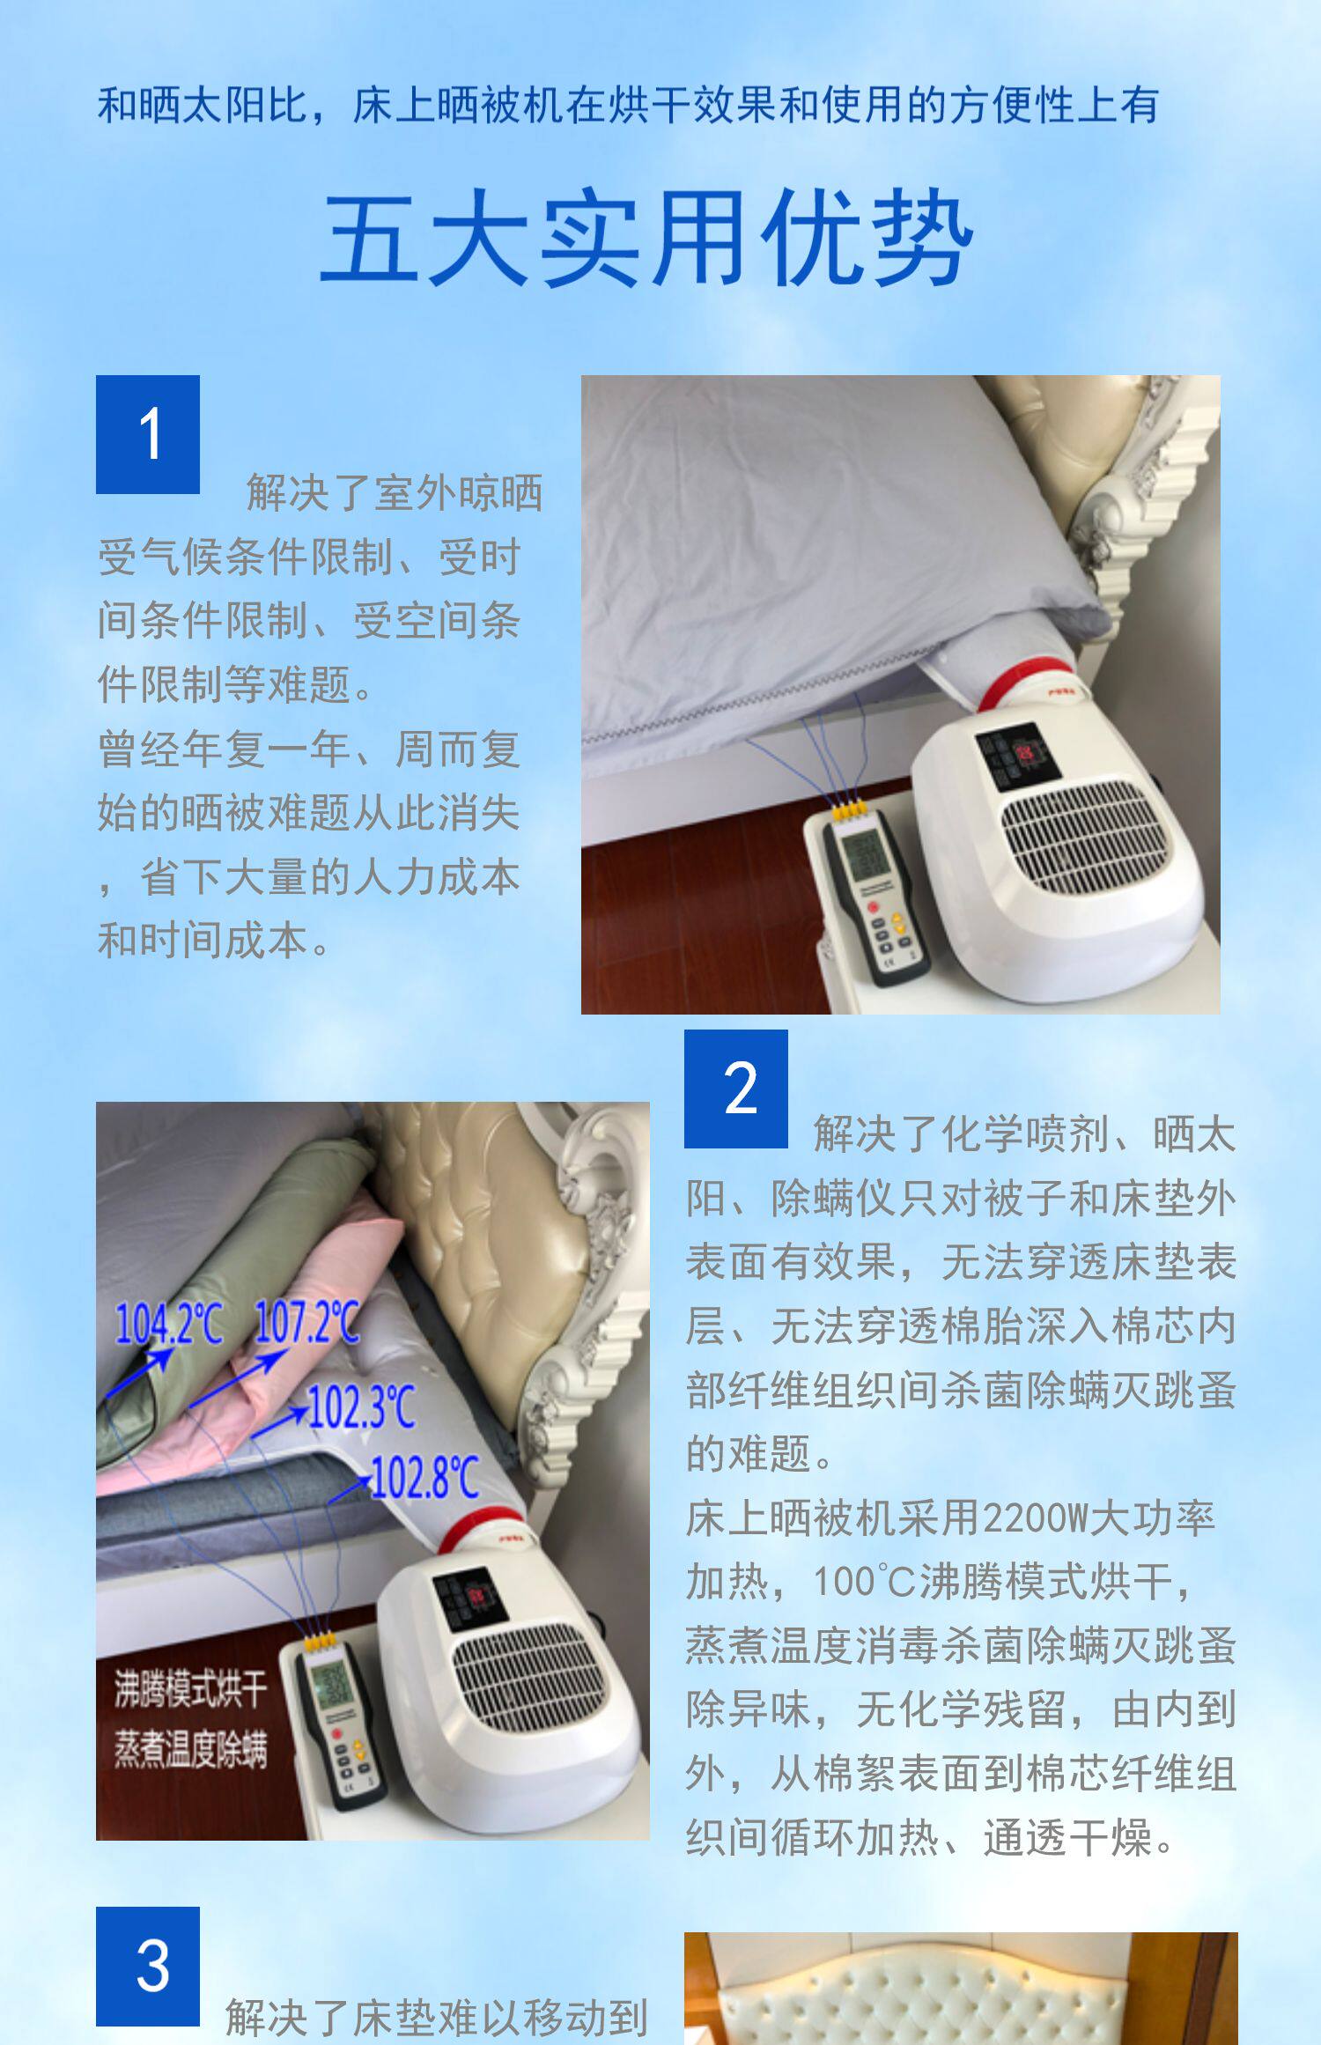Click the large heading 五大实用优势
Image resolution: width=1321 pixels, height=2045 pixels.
pos(647,239)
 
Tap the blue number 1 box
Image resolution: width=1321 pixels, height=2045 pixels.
pos(148,434)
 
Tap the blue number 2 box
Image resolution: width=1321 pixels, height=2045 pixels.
pos(736,1089)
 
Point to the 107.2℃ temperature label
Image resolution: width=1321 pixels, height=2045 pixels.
pos(307,1322)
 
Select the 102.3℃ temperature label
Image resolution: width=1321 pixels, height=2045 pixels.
pos(361,1406)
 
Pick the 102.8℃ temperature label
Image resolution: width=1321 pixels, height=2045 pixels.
pos(425,1477)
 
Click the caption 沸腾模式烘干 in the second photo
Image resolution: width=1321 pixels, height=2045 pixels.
pos(190,1688)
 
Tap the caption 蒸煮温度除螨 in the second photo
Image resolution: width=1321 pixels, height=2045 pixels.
pos(190,1749)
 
